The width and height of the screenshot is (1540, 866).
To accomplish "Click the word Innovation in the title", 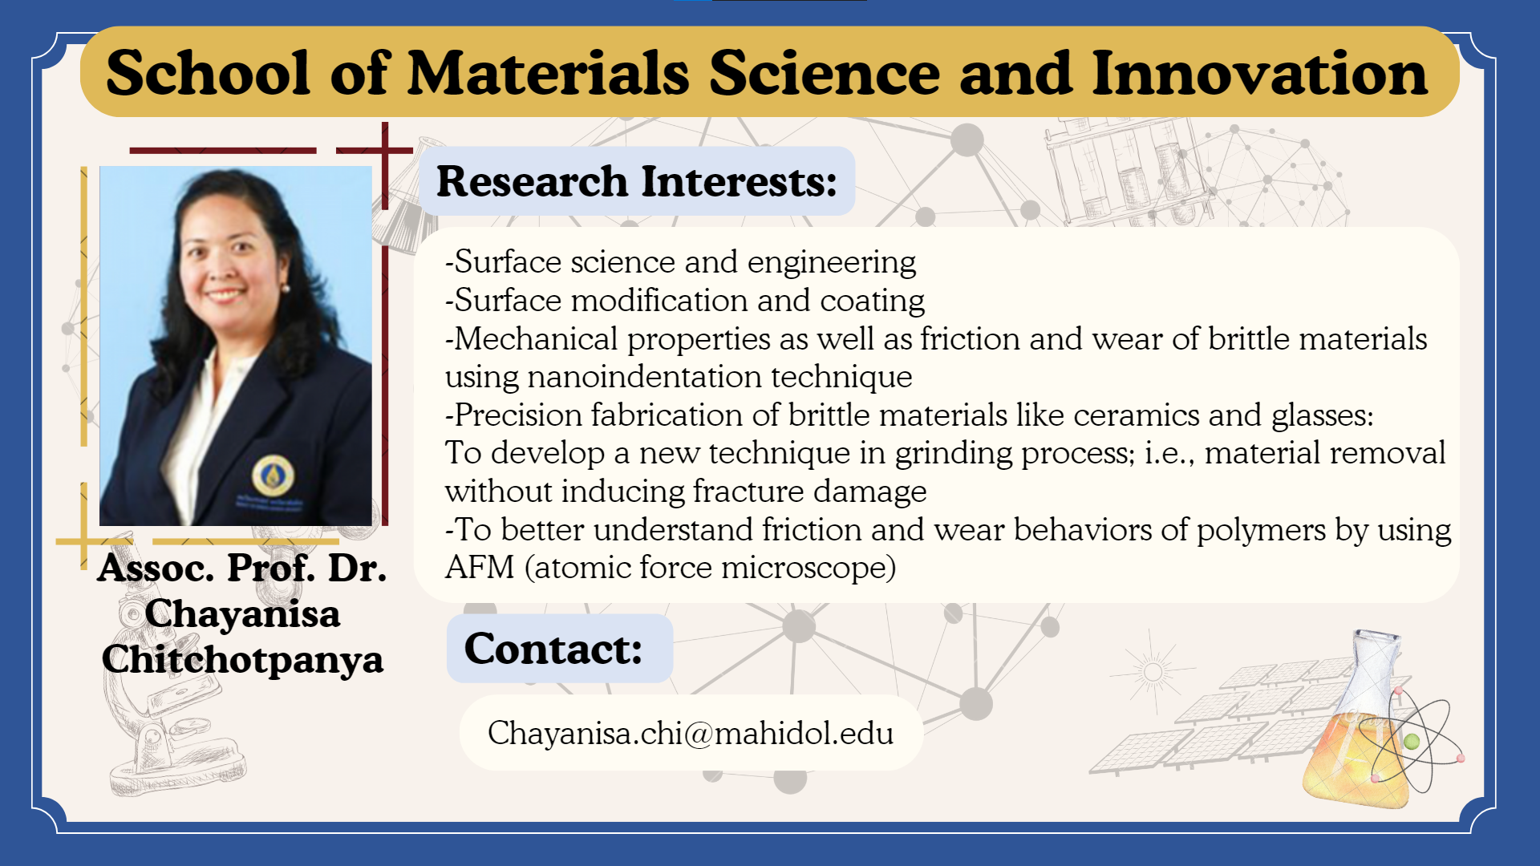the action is pos(1259,73).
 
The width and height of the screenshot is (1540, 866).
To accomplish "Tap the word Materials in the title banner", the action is pos(549,73).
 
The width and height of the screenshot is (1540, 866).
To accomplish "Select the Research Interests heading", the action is pos(637,181).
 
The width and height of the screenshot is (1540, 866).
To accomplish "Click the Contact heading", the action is pos(553,649).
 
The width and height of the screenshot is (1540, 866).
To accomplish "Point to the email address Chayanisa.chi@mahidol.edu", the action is pos(691,733).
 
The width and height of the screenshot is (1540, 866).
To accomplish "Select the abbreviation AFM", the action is pos(480,568).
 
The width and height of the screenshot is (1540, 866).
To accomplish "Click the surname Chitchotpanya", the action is pos(242,659).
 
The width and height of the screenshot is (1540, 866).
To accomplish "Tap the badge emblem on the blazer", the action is pos(273,475).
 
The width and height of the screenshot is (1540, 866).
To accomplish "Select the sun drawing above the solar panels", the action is pos(1153,671).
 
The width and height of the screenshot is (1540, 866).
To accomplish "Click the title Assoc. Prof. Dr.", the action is pos(242,568).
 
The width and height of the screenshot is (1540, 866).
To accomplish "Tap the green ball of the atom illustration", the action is pos(1412,741).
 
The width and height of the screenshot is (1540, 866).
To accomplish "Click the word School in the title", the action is pos(208,73).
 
